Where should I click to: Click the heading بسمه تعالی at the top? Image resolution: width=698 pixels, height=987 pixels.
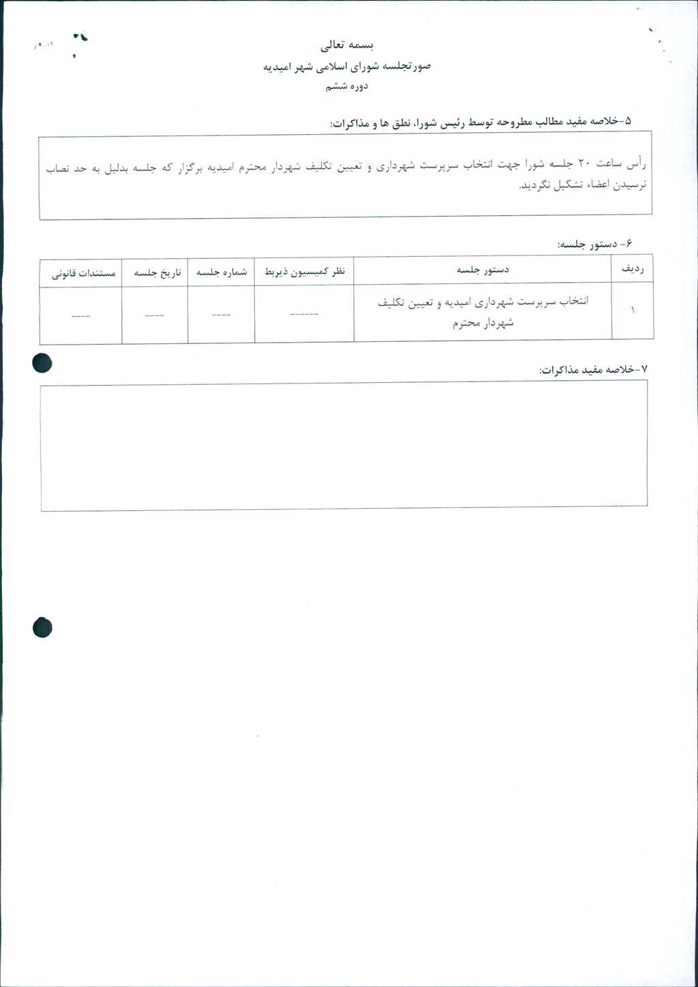click(348, 46)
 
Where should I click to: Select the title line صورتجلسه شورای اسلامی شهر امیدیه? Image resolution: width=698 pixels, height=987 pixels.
click(347, 67)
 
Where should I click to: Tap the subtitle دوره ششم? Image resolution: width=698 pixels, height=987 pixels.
click(347, 87)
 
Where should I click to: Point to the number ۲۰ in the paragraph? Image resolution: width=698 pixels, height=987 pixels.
click(586, 164)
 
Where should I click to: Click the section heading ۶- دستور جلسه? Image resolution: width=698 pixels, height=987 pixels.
click(595, 244)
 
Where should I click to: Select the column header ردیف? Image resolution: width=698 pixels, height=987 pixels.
click(632, 270)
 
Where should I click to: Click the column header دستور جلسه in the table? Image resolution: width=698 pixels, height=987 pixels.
click(483, 270)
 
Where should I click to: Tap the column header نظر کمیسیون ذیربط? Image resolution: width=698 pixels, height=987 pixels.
click(304, 272)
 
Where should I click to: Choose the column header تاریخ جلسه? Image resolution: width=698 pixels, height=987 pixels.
click(157, 272)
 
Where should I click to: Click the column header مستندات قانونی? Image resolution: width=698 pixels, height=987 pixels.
click(84, 273)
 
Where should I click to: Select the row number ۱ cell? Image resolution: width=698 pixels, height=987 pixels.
click(632, 311)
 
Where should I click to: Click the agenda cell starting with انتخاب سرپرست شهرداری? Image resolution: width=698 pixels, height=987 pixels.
click(483, 311)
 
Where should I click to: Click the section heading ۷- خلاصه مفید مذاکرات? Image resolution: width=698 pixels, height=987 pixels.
click(593, 370)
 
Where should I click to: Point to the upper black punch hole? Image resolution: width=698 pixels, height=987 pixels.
click(42, 364)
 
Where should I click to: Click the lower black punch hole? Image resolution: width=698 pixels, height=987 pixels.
click(42, 627)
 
